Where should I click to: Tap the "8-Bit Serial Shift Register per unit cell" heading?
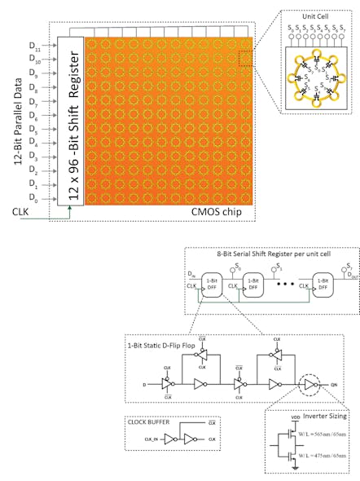(x=270, y=256)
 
